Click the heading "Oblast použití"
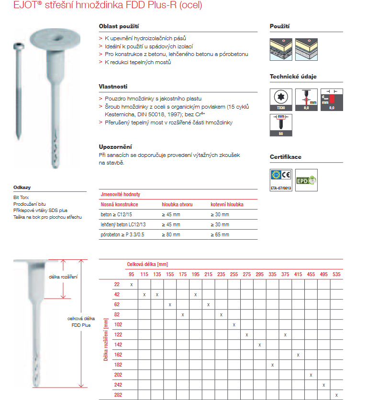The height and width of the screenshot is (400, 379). pos(119,26)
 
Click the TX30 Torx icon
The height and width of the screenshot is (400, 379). pos(281,99)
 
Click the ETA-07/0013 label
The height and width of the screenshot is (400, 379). pos(281,189)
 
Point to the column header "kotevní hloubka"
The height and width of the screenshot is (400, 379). pos(227,204)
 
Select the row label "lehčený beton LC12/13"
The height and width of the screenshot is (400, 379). pos(123,224)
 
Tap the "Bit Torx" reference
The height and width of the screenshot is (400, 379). pos(21,197)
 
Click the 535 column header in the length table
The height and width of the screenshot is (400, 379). pos(336,274)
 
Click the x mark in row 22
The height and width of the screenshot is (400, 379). pos(131,285)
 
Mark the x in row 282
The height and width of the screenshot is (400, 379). pos(337,395)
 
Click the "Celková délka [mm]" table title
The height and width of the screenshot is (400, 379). pos(147,264)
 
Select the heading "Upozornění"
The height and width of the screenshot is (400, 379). pos(115,146)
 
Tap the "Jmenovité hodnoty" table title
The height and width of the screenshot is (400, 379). pos(120,195)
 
